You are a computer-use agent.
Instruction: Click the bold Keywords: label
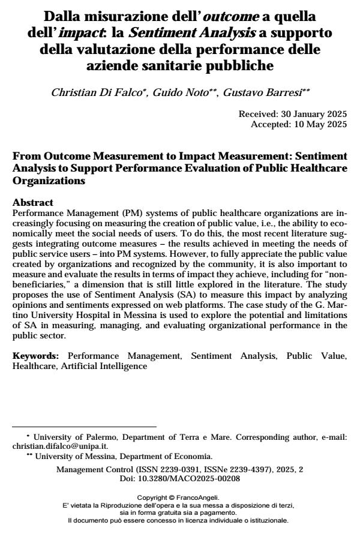[37, 356]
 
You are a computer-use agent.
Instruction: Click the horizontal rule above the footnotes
[84, 427]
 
